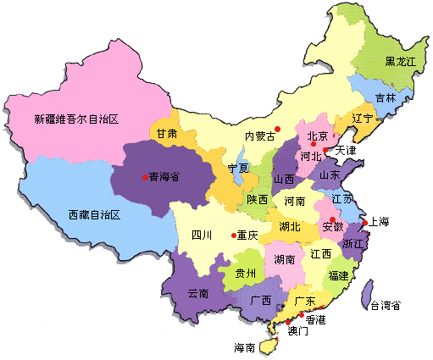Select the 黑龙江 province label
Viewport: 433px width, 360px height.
(399, 62)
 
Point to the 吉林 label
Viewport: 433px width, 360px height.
(386, 98)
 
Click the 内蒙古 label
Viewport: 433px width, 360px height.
(260, 136)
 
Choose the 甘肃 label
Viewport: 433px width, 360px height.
(166, 134)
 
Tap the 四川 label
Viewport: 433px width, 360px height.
(201, 235)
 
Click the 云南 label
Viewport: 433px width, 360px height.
(198, 293)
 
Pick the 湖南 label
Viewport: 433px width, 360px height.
(283, 258)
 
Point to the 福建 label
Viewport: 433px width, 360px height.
(338, 276)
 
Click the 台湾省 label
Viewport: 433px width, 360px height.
(384, 306)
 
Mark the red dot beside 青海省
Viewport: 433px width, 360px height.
(143, 176)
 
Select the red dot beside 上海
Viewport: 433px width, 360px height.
(364, 224)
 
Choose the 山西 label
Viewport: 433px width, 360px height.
(284, 180)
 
